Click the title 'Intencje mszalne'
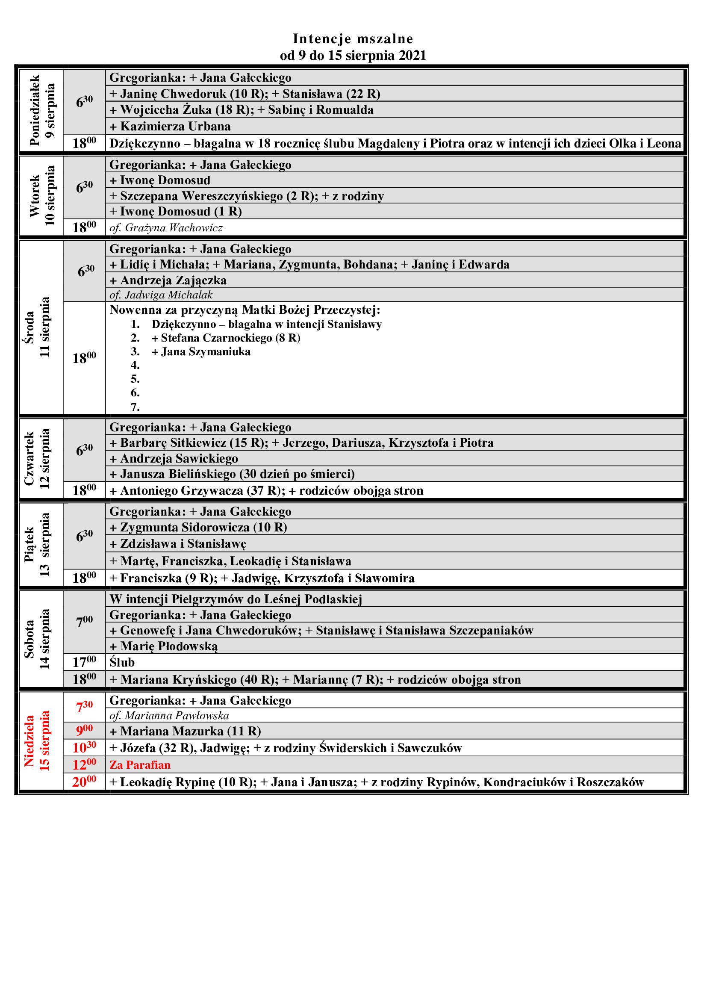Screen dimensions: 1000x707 click(353, 39)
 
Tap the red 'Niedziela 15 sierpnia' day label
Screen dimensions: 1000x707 click(37, 741)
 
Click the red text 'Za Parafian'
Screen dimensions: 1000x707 click(140, 765)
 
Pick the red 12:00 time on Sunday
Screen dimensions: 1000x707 click(85, 765)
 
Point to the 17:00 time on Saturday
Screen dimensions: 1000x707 click(85, 662)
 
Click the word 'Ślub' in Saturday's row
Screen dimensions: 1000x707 click(122, 662)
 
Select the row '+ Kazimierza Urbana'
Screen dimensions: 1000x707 click(170, 126)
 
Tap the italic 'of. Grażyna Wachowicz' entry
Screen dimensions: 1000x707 click(166, 228)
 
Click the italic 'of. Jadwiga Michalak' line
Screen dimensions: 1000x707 click(161, 295)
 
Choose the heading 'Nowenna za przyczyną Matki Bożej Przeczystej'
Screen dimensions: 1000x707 click(245, 310)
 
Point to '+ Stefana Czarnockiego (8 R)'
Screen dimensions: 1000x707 click(226, 338)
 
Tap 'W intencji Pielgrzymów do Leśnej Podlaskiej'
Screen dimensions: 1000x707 click(236, 599)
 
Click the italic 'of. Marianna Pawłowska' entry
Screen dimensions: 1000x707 click(169, 716)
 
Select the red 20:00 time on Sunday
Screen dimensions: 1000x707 click(85, 782)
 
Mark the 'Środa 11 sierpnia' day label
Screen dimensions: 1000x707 click(37, 327)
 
